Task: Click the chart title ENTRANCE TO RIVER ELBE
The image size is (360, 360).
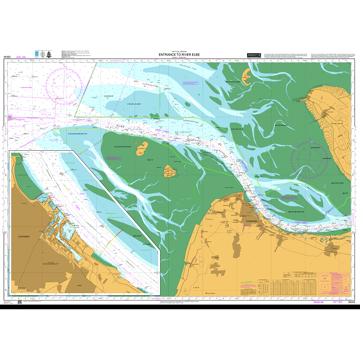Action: [180, 54]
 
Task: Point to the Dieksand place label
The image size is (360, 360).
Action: [337, 125]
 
